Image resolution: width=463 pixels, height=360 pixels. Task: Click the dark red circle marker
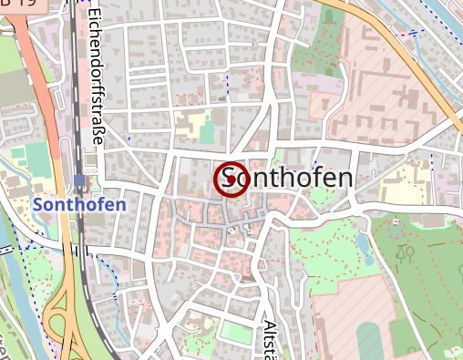(231, 179)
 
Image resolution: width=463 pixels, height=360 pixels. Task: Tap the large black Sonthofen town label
(286, 178)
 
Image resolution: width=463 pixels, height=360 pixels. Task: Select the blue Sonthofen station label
(79, 205)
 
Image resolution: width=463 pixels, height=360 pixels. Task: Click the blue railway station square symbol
(80, 180)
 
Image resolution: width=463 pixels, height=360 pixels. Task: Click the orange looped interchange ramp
(64, 314)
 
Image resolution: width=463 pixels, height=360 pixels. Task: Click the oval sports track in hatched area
(368, 341)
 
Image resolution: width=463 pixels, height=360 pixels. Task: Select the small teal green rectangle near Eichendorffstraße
(207, 133)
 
